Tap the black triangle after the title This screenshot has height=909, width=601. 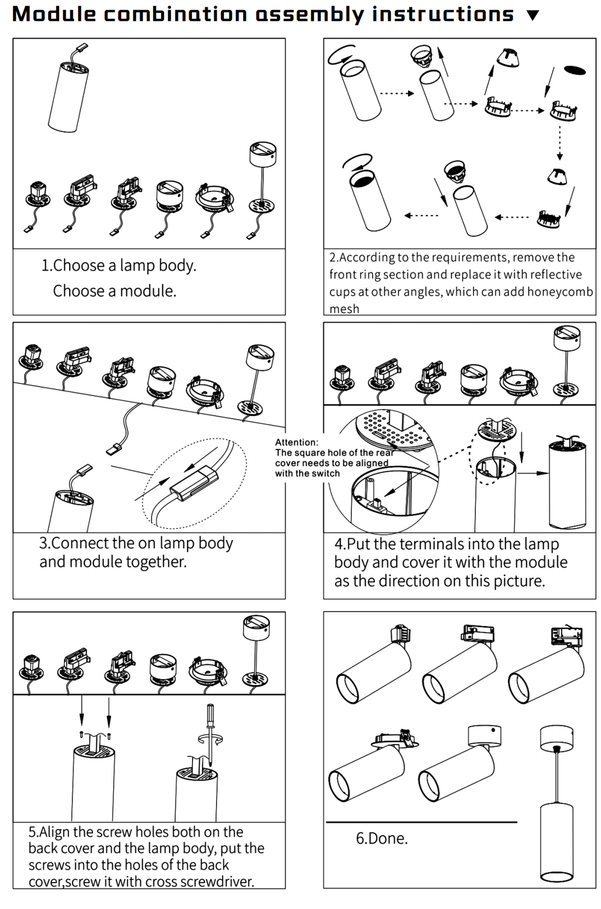point(533,15)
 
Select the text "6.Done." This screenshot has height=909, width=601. point(382,838)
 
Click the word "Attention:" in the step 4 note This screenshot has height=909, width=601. point(296,442)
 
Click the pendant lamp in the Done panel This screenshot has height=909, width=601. point(556,814)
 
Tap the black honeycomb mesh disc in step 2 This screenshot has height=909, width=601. point(575,70)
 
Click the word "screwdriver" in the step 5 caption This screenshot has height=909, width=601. point(219,882)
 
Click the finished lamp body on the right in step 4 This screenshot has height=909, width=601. point(567,483)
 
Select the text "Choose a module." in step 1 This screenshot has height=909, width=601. point(114,291)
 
